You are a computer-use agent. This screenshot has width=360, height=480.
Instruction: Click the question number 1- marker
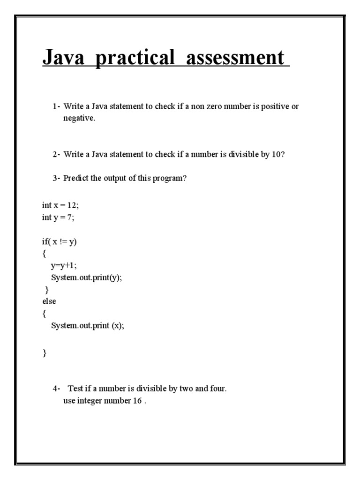tap(56, 106)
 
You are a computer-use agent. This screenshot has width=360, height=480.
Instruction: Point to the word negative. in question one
tap(79, 119)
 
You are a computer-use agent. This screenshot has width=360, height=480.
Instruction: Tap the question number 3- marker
tap(56, 179)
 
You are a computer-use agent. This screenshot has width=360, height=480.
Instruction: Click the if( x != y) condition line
tap(59, 241)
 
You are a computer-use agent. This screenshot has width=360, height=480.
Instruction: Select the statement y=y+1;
tap(64, 265)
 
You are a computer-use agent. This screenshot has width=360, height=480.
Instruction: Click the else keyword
tap(49, 301)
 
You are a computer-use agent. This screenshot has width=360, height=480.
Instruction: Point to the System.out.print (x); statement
tap(88, 326)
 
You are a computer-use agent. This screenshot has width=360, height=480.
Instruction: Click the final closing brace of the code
tap(45, 353)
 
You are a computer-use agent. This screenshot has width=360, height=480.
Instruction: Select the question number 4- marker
tap(56, 389)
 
